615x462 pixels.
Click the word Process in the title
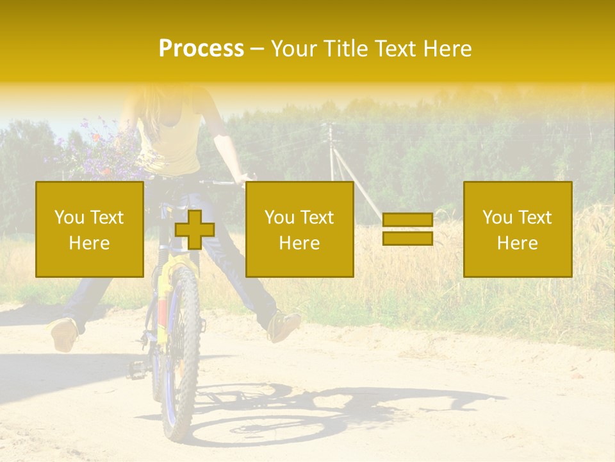pyautogui.click(x=201, y=49)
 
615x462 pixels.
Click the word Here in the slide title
pyautogui.click(x=446, y=49)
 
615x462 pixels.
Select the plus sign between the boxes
pyautogui.click(x=195, y=230)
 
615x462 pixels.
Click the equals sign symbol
pyautogui.click(x=407, y=229)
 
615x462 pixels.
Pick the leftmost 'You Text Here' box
pyautogui.click(x=89, y=229)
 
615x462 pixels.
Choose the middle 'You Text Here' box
pyautogui.click(x=299, y=229)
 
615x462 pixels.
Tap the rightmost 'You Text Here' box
pyautogui.click(x=517, y=229)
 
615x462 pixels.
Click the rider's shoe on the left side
pyautogui.click(x=64, y=334)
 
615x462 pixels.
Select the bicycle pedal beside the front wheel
pyautogui.click(x=137, y=368)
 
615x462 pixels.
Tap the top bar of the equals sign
pyautogui.click(x=407, y=220)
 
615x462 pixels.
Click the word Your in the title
pyautogui.click(x=295, y=49)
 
